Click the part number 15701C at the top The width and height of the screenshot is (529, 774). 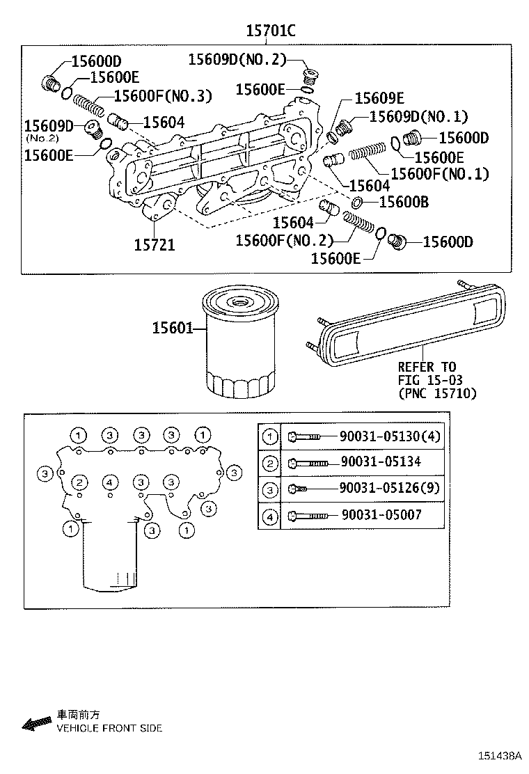(271, 31)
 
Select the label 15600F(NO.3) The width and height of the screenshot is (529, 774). (163, 96)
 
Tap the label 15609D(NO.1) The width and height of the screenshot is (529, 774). (418, 117)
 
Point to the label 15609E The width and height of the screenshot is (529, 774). (379, 98)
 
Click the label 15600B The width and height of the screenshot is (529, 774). (403, 202)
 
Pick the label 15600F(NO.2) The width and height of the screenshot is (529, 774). (284, 240)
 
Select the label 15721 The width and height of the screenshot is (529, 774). (155, 244)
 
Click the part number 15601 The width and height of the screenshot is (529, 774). (172, 327)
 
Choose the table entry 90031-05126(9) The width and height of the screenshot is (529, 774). (390, 489)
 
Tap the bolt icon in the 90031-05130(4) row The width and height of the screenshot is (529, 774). (304, 436)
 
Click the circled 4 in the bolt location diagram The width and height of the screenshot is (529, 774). (110, 482)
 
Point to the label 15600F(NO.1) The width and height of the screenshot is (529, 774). (439, 174)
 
